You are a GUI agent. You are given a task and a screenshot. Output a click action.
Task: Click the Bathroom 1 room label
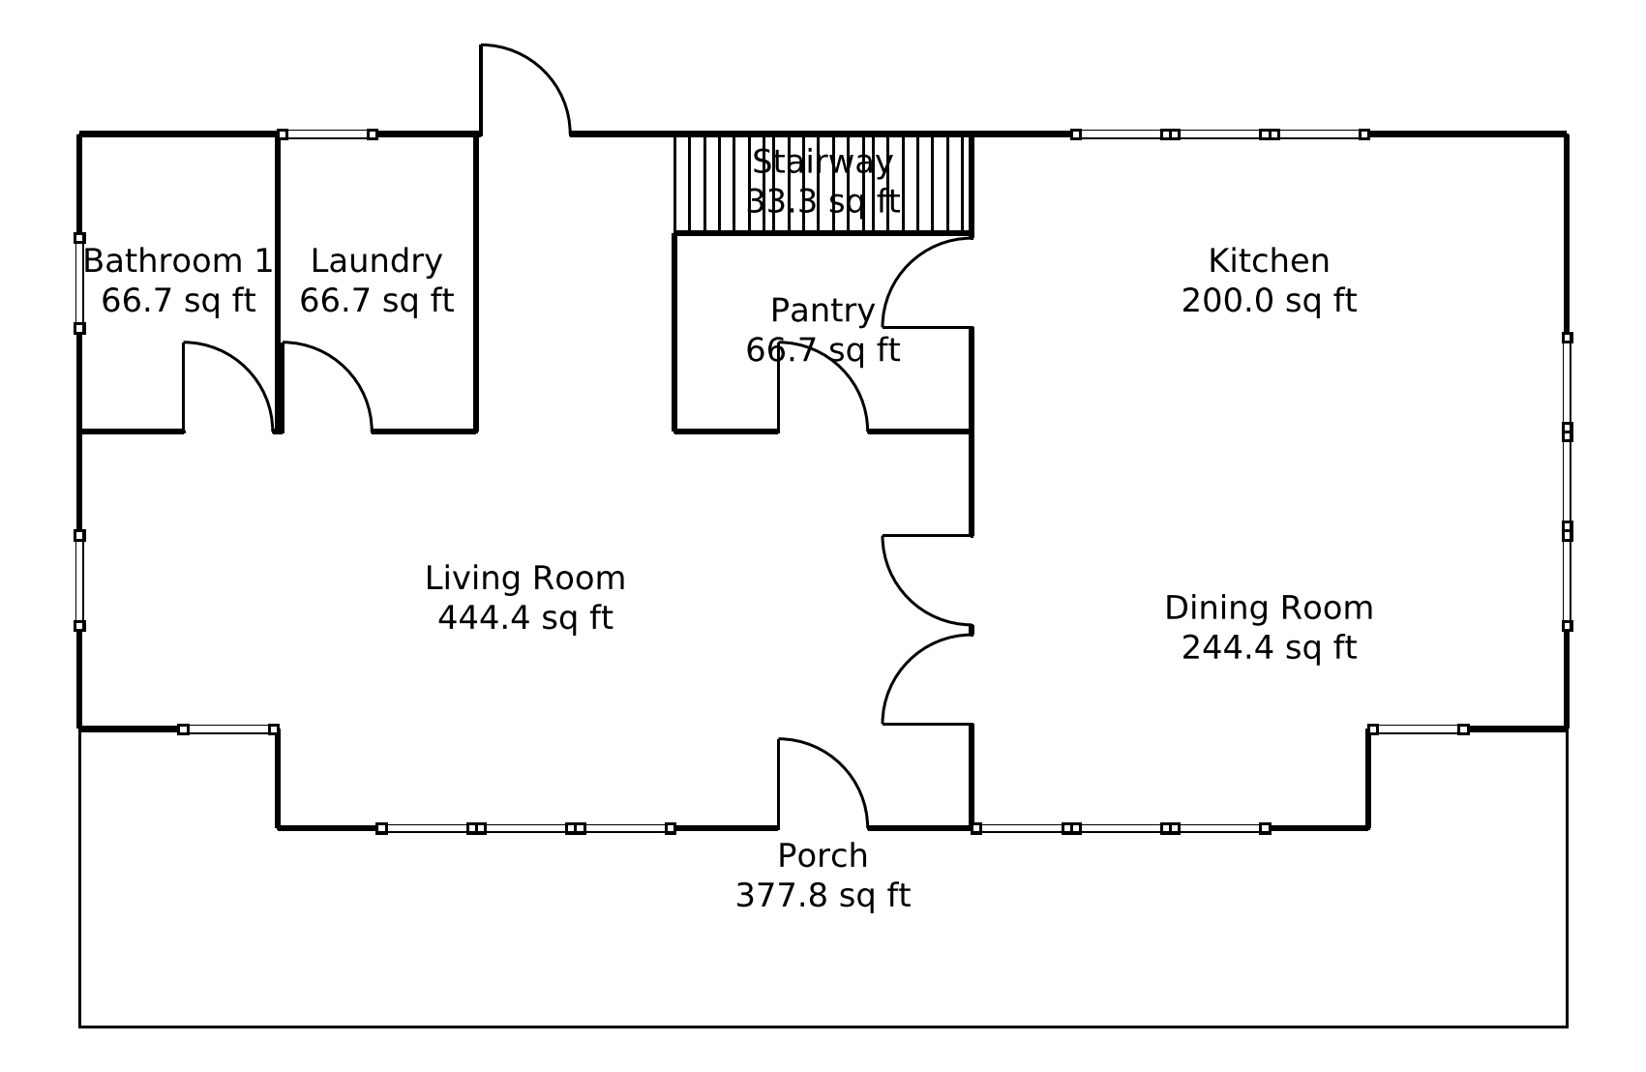pos(178,261)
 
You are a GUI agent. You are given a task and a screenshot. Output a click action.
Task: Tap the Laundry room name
pos(376,261)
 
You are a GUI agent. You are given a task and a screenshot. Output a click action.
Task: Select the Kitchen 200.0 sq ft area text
pos(1269,301)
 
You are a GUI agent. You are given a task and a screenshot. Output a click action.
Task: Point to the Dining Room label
pos(1269,608)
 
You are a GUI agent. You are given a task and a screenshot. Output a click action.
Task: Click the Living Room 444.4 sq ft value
pos(525,617)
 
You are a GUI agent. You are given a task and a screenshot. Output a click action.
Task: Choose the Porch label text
pos(823,856)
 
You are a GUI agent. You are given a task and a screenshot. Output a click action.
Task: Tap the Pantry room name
pos(823,311)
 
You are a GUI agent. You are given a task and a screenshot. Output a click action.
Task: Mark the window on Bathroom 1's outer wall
pos(79,283)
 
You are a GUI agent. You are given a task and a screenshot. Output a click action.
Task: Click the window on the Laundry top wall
pos(327,134)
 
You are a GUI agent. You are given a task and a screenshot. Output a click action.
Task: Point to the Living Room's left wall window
pos(79,581)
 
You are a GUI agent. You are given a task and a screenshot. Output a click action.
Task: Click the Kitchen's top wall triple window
pos(1219,134)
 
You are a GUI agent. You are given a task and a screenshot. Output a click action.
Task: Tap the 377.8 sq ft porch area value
pos(823,896)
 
